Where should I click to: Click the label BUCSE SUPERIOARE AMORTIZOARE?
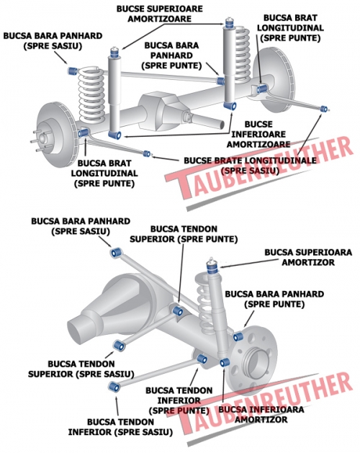[x=160, y=14]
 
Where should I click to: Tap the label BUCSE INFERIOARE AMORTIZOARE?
[x=258, y=135]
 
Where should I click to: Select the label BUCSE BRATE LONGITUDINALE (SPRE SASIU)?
[x=251, y=166]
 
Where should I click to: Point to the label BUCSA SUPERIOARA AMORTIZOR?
[x=308, y=257]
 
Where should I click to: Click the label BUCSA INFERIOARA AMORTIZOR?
[x=261, y=414]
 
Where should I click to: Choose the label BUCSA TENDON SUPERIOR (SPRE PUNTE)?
[x=184, y=234]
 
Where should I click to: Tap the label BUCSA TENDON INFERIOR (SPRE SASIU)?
[x=120, y=427]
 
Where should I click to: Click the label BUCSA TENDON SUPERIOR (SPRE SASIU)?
[x=81, y=369]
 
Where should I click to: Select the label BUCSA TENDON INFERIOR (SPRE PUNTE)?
[x=179, y=400]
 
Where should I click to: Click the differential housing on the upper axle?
[x=162, y=111]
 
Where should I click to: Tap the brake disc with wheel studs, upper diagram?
[x=54, y=135]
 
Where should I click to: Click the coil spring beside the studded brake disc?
[x=91, y=95]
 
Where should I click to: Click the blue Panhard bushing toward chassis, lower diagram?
[x=117, y=253]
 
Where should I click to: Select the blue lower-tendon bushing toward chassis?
[x=114, y=387]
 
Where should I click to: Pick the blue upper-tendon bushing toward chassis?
[x=119, y=345]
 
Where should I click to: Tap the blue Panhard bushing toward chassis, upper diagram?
[x=73, y=71]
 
